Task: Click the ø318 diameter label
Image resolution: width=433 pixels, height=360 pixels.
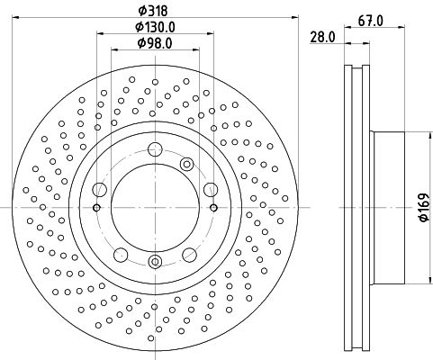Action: click(x=153, y=11)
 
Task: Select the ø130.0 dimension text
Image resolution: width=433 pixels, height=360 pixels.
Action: click(x=155, y=27)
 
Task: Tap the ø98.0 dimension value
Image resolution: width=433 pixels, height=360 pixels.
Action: click(x=155, y=43)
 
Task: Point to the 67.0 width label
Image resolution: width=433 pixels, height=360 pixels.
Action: click(x=371, y=22)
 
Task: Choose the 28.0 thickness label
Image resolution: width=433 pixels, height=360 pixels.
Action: click(x=322, y=38)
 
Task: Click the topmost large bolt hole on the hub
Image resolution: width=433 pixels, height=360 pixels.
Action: click(x=155, y=149)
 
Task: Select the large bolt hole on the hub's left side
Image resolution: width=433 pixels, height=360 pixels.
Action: click(x=100, y=190)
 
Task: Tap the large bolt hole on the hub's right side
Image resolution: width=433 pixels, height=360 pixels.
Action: click(x=211, y=190)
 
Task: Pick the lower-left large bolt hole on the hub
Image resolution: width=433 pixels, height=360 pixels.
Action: click(x=121, y=255)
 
